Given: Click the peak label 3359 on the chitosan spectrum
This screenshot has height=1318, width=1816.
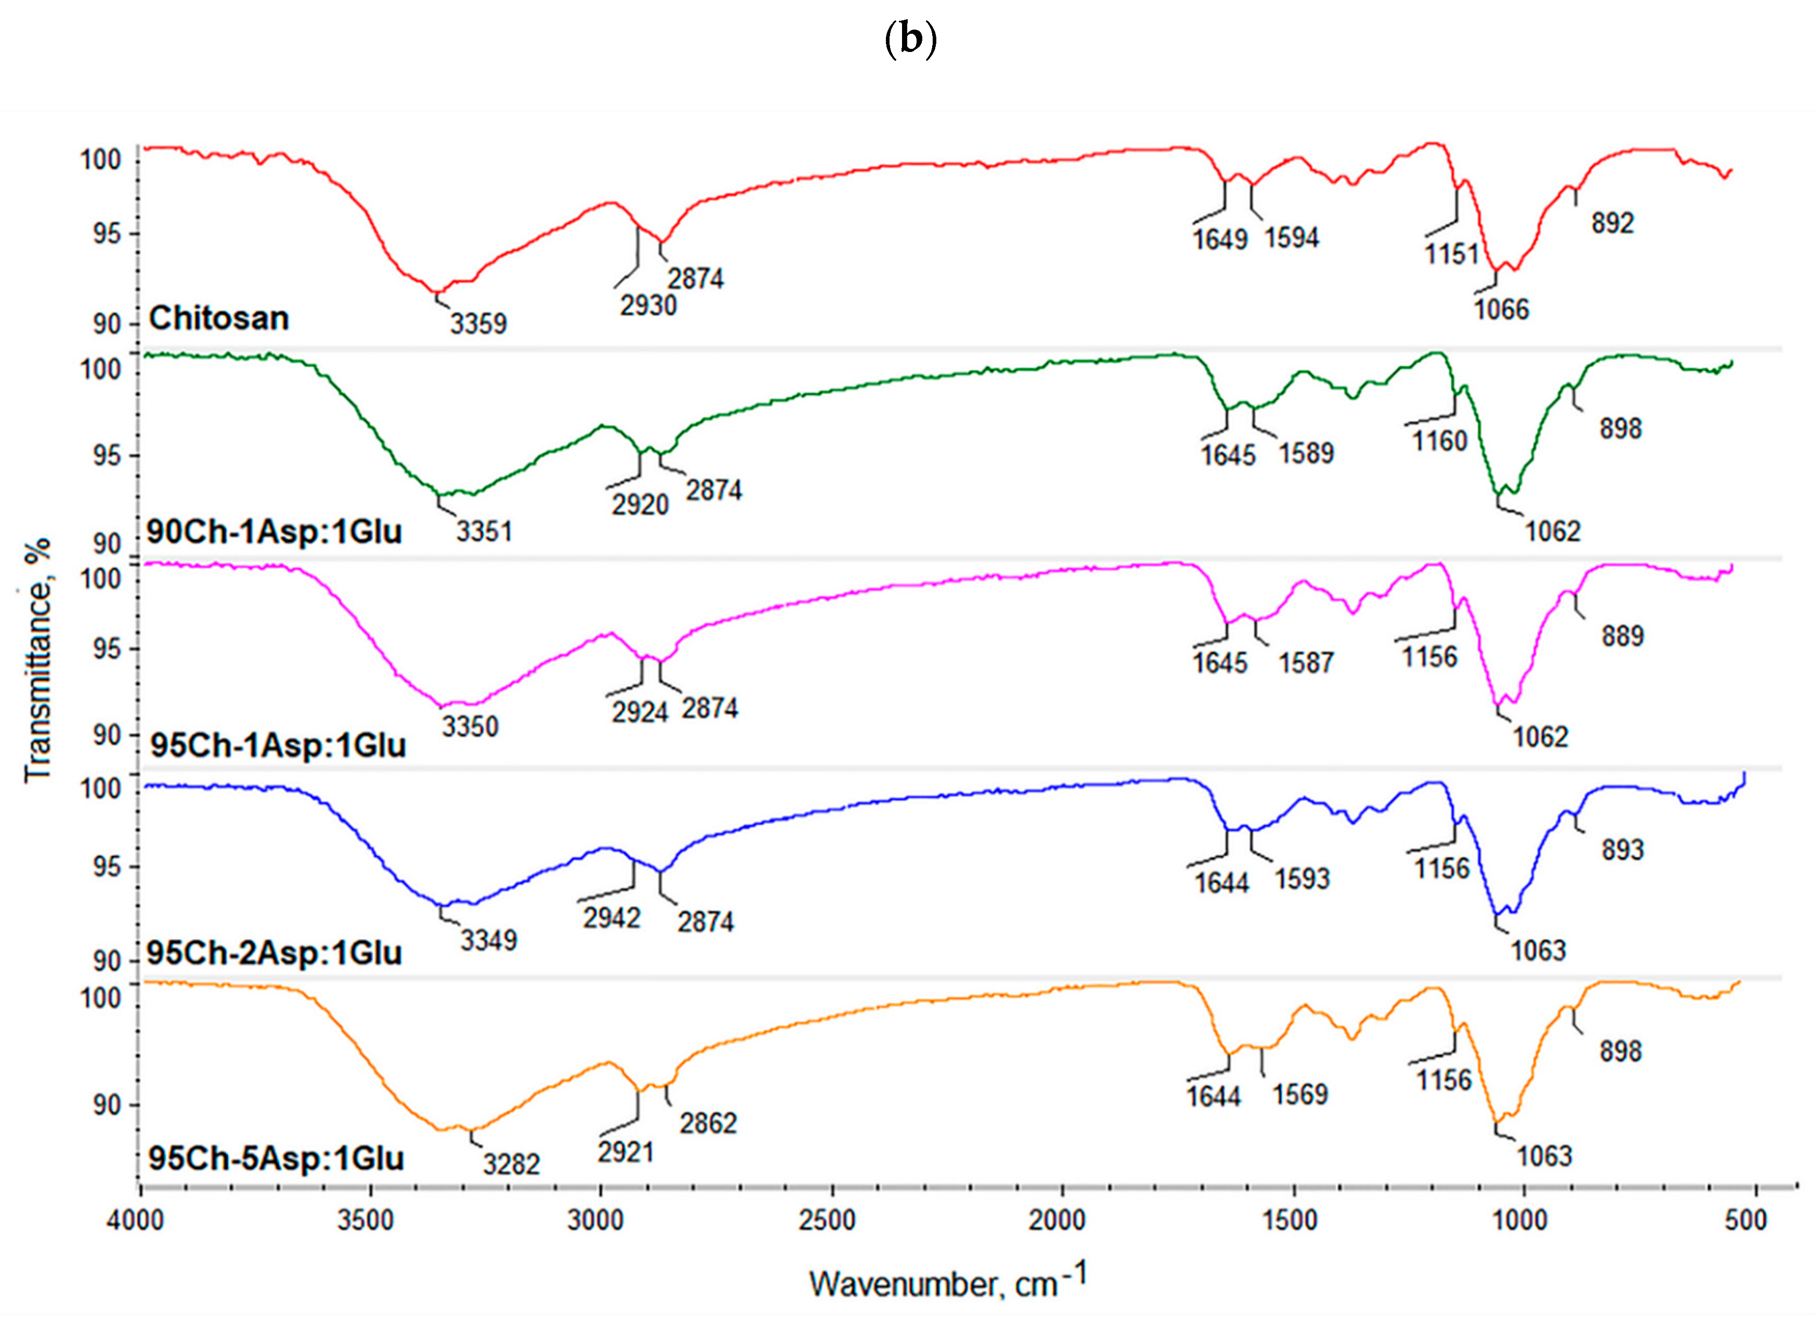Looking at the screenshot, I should click(x=478, y=323).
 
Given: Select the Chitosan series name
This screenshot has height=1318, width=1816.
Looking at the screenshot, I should click(x=219, y=319).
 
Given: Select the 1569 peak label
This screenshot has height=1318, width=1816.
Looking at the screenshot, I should click(x=1301, y=1094).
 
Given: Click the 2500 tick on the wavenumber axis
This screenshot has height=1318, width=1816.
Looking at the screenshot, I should click(x=830, y=1220).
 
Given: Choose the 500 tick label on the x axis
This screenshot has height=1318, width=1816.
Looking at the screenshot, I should click(x=1745, y=1220).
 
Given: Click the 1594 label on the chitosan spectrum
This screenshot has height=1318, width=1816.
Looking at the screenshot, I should click(x=1292, y=238).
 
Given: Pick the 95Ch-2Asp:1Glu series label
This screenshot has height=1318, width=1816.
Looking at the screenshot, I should click(x=274, y=953).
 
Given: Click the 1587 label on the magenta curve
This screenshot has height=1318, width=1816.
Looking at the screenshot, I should click(x=1306, y=663).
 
